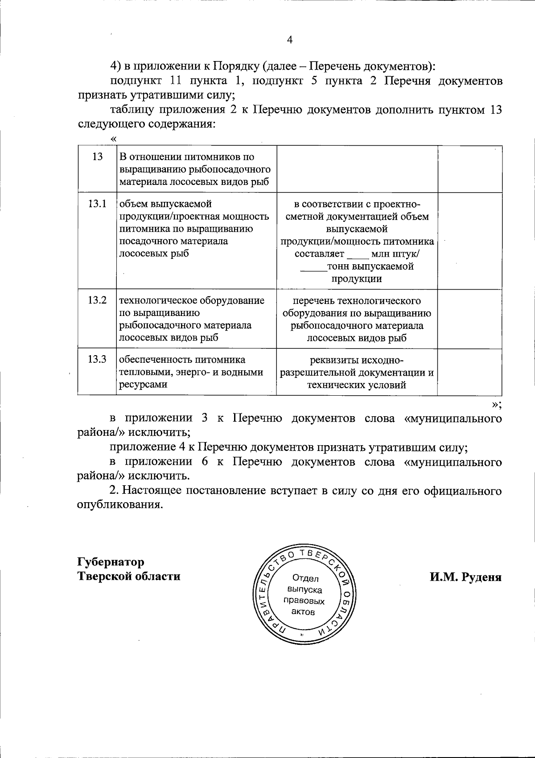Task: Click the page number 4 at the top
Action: point(289,41)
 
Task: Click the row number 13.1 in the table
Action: point(97,204)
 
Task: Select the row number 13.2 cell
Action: point(97,300)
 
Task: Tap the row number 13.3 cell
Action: point(97,359)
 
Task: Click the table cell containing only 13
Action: point(97,157)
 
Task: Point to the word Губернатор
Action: point(111,561)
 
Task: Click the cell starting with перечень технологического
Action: point(357,319)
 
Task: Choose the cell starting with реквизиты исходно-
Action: point(357,372)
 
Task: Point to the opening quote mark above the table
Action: point(113,139)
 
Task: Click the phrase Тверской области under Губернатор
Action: point(129,576)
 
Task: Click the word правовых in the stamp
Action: point(304,601)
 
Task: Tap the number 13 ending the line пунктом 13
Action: point(496,110)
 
